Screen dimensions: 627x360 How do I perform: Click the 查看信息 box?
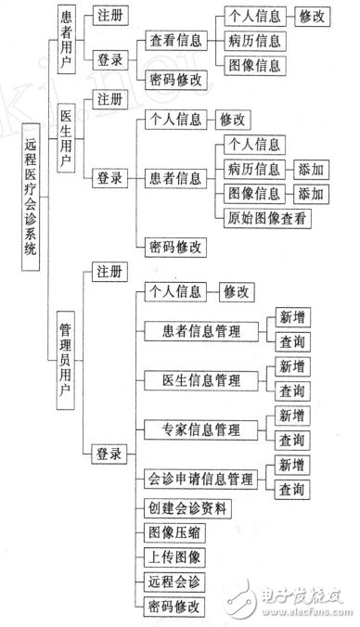[177, 42]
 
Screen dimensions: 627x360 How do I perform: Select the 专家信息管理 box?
[203, 429]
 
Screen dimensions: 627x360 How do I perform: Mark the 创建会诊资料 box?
[187, 508]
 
